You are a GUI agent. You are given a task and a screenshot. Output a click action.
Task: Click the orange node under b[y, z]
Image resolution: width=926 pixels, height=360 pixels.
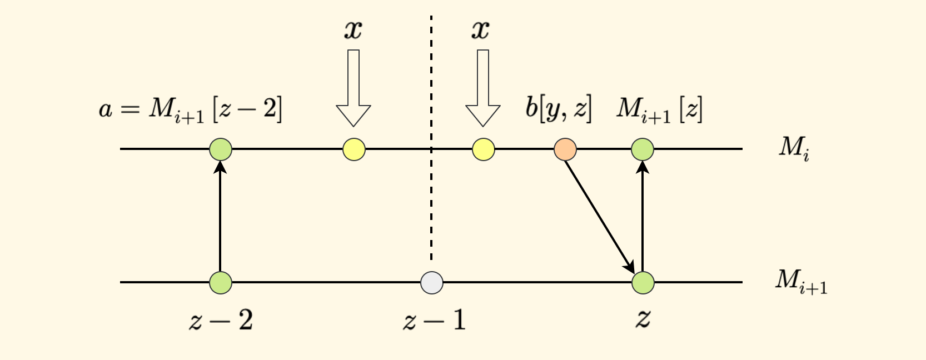(565, 149)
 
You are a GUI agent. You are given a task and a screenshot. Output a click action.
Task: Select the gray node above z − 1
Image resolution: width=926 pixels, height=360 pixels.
(432, 283)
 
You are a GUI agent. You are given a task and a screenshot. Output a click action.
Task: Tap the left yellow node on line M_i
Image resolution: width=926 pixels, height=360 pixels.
(354, 149)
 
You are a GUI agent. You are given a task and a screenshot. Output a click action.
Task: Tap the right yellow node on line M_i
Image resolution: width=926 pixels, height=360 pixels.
(484, 149)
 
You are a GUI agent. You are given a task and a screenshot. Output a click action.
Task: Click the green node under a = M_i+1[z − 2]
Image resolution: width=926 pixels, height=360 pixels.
(221, 149)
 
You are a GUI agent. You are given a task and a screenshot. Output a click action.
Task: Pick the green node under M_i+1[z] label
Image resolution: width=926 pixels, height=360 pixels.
(643, 149)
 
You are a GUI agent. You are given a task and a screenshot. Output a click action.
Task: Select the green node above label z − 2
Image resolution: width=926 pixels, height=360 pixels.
(221, 283)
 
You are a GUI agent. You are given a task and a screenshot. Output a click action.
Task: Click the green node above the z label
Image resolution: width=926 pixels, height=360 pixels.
(643, 283)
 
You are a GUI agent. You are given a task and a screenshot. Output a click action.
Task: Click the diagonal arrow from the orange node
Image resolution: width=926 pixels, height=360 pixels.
(599, 214)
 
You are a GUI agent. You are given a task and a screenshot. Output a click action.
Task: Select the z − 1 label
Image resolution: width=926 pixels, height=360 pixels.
(434, 320)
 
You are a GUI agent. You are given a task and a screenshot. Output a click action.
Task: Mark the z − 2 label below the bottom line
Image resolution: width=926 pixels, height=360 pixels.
(221, 320)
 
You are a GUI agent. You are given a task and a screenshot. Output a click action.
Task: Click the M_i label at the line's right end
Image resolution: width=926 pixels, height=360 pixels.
(794, 148)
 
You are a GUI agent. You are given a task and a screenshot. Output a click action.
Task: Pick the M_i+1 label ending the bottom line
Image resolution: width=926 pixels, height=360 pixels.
(801, 282)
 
